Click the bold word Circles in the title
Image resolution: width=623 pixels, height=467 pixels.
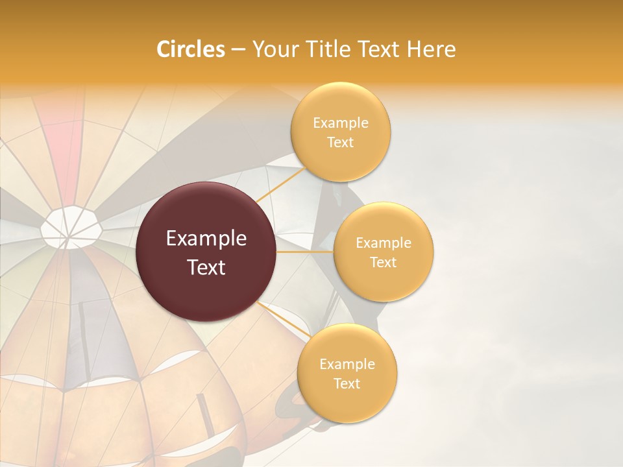click(x=190, y=49)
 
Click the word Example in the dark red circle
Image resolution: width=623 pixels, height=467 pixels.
click(x=206, y=239)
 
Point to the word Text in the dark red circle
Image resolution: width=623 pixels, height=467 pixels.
click(x=206, y=267)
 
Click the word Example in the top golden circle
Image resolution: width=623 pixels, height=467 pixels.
click(x=340, y=123)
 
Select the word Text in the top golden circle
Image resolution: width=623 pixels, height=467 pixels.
click(x=340, y=143)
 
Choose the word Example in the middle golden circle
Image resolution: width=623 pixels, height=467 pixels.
click(x=384, y=243)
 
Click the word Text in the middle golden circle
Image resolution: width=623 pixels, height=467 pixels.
click(x=384, y=262)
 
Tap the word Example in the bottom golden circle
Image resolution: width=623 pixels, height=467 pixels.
click(x=347, y=364)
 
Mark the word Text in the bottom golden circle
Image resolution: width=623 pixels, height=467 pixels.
click(x=347, y=383)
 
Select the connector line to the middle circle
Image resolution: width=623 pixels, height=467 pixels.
click(x=305, y=252)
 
